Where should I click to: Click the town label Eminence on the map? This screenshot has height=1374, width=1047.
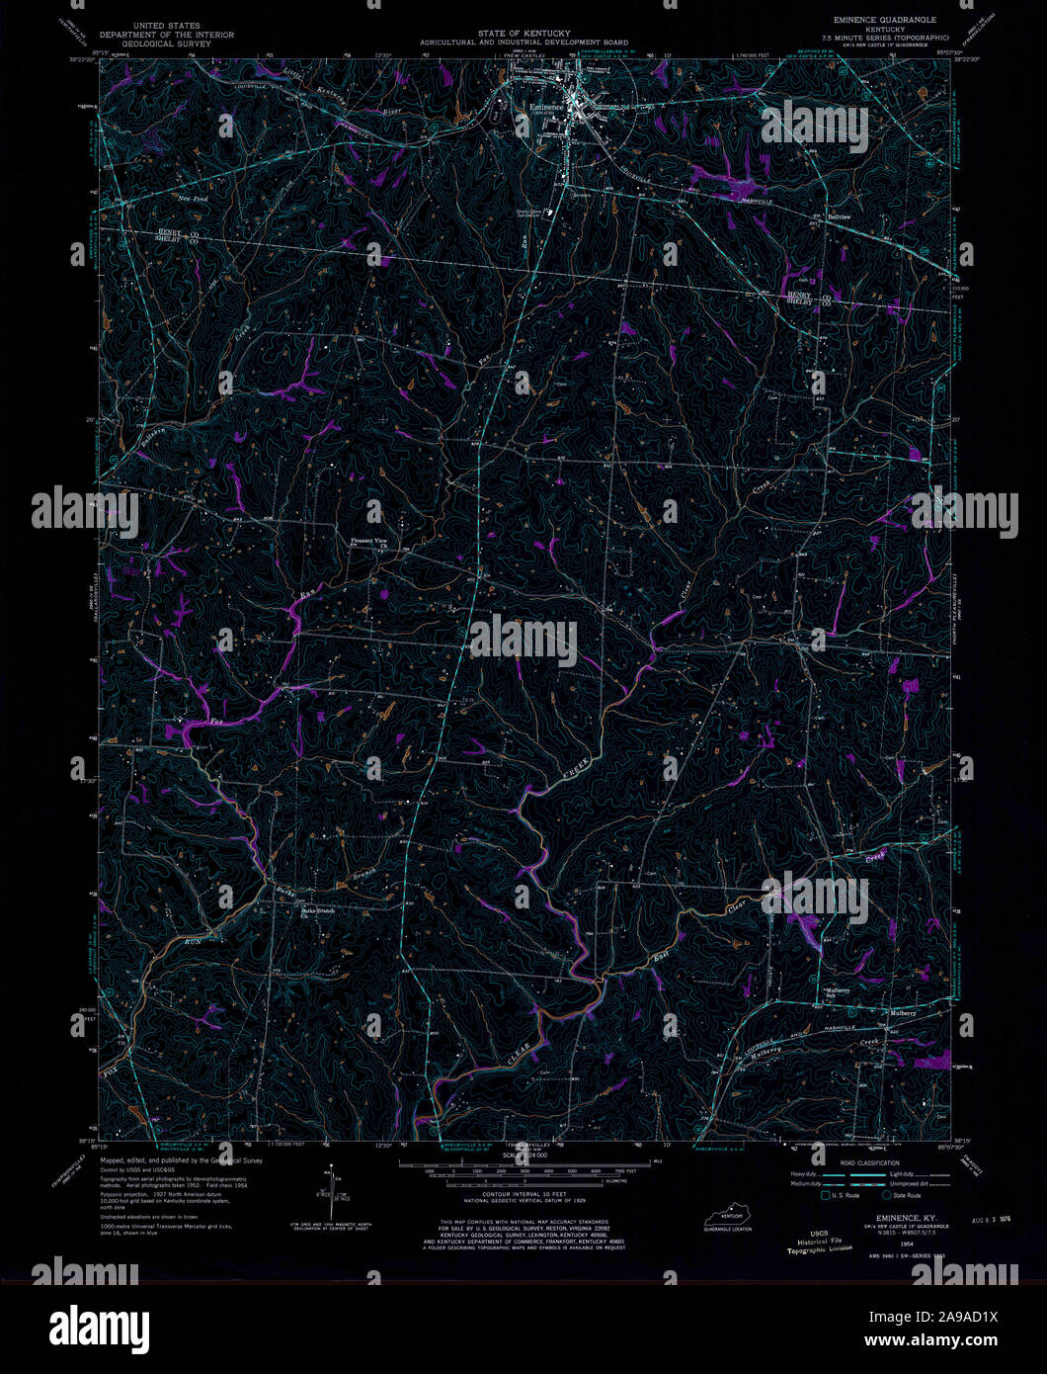[x=546, y=106]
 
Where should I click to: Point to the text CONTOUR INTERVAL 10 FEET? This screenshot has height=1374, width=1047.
[x=523, y=1196]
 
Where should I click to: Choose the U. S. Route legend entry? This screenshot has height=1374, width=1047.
[x=846, y=1196]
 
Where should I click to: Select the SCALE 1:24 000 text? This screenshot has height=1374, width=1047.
[x=523, y=1155]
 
